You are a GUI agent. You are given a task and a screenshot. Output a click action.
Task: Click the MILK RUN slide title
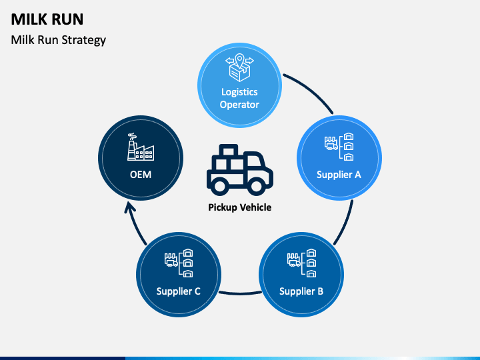point(47,19)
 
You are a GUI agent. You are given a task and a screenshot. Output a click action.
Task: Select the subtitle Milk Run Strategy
point(59,40)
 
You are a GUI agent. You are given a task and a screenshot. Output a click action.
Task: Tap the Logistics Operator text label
point(239,98)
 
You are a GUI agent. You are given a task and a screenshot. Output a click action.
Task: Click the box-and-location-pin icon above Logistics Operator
point(240,67)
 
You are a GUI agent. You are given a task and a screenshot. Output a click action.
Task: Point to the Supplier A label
point(339,175)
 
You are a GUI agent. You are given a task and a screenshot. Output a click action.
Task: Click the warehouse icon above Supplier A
point(339,147)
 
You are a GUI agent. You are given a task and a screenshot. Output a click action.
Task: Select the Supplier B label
point(301,291)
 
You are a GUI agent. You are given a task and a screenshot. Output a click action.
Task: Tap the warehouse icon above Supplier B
point(302,263)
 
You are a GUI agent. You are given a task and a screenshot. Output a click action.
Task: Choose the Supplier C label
point(179,291)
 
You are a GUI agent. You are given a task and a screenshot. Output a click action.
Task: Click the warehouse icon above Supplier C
point(179,263)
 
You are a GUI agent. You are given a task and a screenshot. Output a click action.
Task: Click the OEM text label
point(141,175)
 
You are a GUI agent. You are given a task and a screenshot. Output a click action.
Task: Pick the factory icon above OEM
point(141,147)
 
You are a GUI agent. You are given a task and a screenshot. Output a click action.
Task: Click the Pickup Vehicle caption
point(240,207)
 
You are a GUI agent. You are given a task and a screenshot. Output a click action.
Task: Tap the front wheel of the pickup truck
point(257,185)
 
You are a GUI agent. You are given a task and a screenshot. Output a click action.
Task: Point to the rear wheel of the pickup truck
point(221,185)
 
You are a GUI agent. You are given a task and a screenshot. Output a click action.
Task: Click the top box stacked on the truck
point(229,150)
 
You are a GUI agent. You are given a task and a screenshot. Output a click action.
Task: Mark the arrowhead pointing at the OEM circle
point(130,208)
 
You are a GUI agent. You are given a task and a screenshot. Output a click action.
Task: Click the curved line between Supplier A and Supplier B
point(345,224)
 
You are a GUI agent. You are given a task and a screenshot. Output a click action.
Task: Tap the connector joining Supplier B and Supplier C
point(240,293)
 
